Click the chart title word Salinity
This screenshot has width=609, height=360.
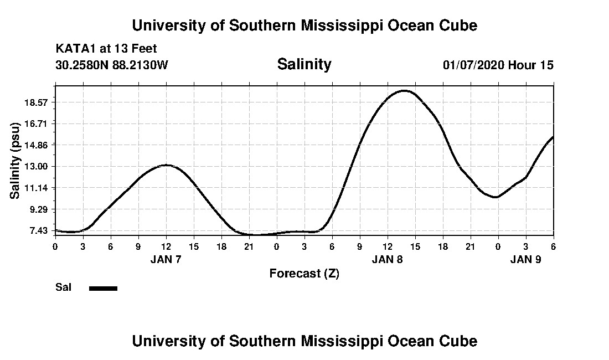304,64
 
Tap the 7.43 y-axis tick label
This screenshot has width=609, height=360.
39,231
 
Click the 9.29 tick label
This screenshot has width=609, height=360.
39,210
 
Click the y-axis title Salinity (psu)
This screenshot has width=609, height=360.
15,160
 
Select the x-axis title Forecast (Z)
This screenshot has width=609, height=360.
304,273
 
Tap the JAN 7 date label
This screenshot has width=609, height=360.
166,259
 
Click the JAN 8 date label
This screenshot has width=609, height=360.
387,259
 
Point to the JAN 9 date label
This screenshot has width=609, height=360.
525,259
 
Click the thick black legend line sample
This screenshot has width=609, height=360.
103,288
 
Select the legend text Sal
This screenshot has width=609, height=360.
64,287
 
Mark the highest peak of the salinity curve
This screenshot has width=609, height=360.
405,90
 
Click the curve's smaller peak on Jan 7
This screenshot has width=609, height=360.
166,164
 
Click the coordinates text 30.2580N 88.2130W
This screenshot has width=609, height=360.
111,65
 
